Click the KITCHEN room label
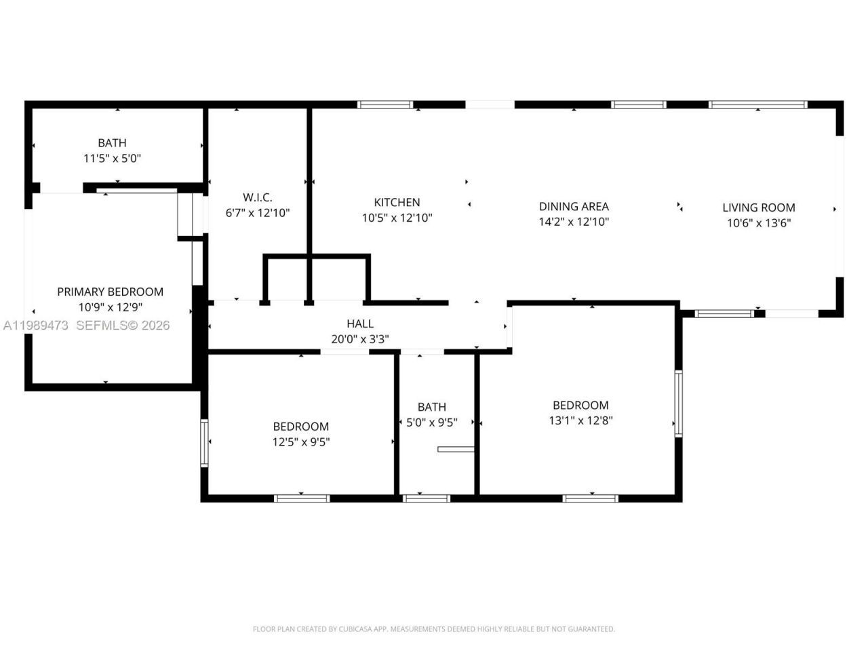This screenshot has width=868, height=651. [x=397, y=202]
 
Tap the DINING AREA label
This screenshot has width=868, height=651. [x=574, y=206]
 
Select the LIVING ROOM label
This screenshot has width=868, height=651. [x=758, y=208]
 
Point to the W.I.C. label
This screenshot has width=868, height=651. [x=258, y=197]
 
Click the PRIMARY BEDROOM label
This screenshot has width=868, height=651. [x=110, y=292]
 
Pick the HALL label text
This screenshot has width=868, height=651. [x=360, y=323]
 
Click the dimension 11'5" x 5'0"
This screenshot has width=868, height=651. [x=112, y=158]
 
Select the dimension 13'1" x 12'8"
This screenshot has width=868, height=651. [x=580, y=420]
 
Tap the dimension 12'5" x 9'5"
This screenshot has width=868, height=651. [x=301, y=441]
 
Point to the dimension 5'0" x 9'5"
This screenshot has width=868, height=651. [x=432, y=422]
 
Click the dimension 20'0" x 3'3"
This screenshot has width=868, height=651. [x=360, y=339]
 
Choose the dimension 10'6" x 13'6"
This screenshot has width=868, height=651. [x=758, y=223]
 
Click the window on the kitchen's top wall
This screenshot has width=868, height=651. [x=385, y=104]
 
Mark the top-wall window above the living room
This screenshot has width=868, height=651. [x=757, y=104]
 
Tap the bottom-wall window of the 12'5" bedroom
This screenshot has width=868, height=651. [x=302, y=498]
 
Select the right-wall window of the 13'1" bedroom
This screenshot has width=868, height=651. [x=678, y=403]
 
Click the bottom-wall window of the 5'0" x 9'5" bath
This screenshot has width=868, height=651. [x=426, y=498]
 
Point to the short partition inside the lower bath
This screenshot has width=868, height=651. [x=456, y=448]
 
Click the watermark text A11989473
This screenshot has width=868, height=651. [x=35, y=325]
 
